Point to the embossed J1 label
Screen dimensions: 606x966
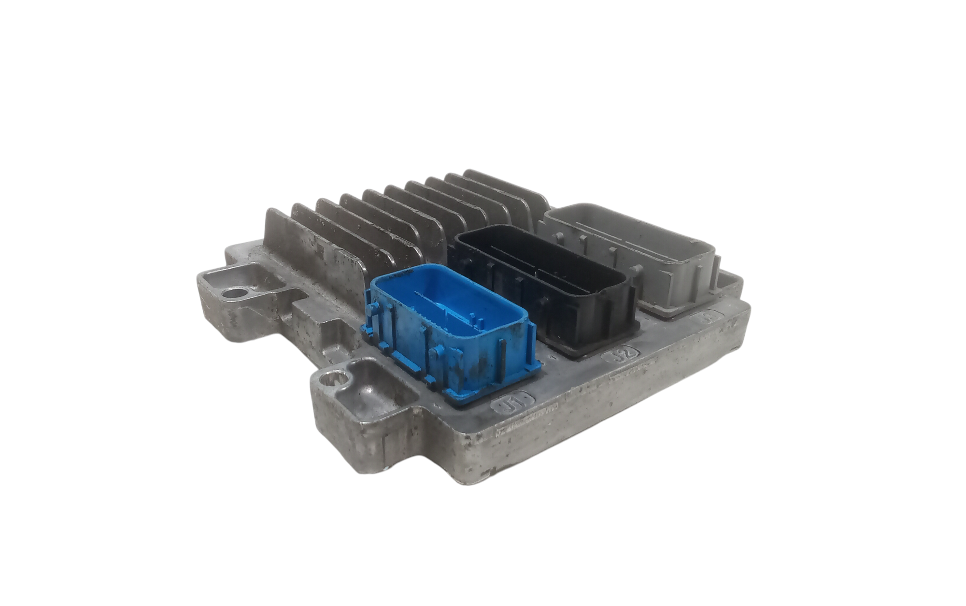[x=511, y=402]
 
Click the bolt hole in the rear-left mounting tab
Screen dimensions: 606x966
[x=236, y=292]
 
